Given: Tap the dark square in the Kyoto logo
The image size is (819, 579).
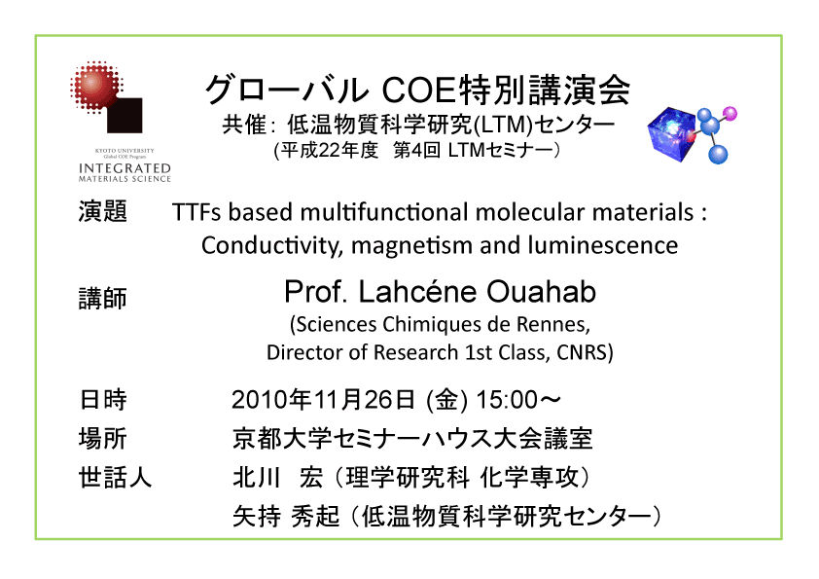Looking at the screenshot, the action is pos(125,115).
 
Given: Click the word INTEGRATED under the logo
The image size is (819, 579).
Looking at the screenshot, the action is pos(125,168).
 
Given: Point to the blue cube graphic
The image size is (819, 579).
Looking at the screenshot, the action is pos(672,133).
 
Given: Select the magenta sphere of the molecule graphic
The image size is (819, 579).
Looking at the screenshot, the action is pos(730,114).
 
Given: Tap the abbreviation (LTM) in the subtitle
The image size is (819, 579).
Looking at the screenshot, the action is pos(504,125).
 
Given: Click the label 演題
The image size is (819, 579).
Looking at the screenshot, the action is pos(103,211).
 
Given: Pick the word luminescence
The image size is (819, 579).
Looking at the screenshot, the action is pos(603,245).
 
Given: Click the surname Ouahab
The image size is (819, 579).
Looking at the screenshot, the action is pos(541,292).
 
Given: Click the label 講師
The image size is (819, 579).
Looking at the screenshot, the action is pos(103,299).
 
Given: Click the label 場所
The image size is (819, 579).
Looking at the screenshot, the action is pos(103,438).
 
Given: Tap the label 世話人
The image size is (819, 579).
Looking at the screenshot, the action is pos(115,477).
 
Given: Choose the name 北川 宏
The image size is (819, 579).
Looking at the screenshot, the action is pos(277,477).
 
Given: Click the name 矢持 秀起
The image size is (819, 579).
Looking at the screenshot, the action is pos(286,517).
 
